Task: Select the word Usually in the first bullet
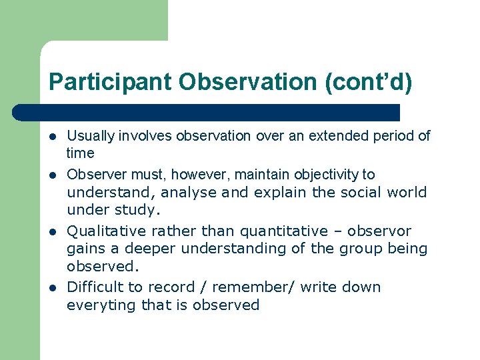pos(91,136)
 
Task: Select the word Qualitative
pos(106,231)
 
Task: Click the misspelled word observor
pos(379,231)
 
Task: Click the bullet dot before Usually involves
pos(53,137)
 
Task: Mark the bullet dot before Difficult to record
pos(53,288)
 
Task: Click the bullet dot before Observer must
pos(53,175)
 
